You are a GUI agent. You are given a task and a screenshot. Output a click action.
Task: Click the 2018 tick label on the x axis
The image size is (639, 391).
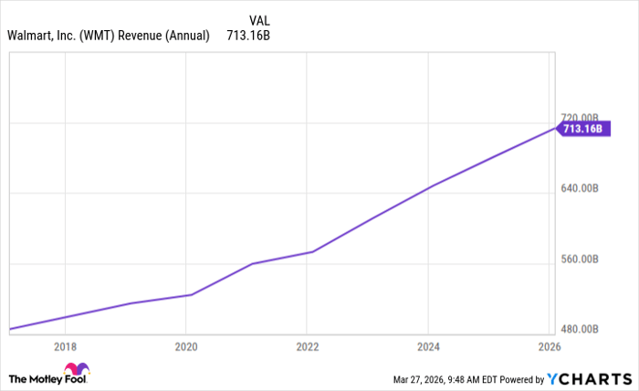[x=65, y=347]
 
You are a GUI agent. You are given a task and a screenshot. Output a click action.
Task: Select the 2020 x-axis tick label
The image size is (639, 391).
[x=186, y=347]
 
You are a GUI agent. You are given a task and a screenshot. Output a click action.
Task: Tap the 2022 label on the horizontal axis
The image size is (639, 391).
[x=308, y=347]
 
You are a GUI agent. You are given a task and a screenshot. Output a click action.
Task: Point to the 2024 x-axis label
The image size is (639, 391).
[x=429, y=347]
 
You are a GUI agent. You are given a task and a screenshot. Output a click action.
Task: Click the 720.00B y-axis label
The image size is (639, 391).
[x=580, y=118]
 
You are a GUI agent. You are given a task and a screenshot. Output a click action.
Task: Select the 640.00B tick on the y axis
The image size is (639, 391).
[x=580, y=189]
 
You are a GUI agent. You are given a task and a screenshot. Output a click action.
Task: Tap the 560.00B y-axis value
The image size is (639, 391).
[x=580, y=259]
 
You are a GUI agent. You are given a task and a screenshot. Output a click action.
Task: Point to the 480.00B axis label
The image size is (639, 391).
[x=580, y=329]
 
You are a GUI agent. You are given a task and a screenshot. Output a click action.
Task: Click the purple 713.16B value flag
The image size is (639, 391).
[x=581, y=130]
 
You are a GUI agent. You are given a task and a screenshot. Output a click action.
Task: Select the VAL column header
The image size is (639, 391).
[x=260, y=19]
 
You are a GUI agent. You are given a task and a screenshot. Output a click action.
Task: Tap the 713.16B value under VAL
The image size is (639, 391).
[x=248, y=37]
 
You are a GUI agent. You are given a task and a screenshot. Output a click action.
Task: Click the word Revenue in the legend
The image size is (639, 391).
[x=145, y=37]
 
